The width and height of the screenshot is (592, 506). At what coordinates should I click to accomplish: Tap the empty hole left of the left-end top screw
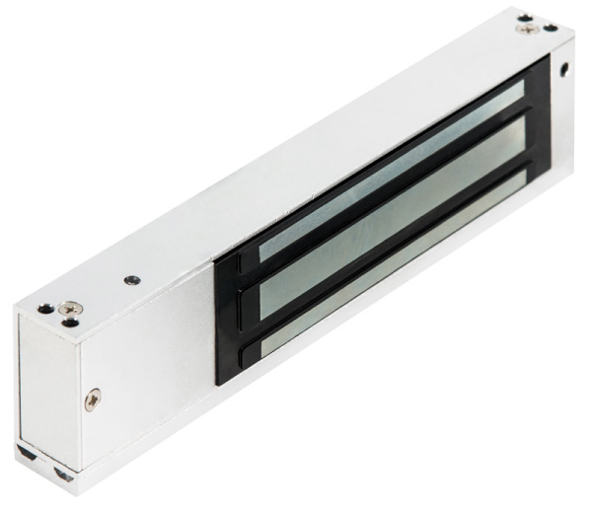pos(44,307)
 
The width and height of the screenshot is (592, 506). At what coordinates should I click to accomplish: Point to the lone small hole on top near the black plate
pos(129,279)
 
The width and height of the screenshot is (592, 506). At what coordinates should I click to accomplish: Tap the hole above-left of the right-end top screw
pos(524,17)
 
